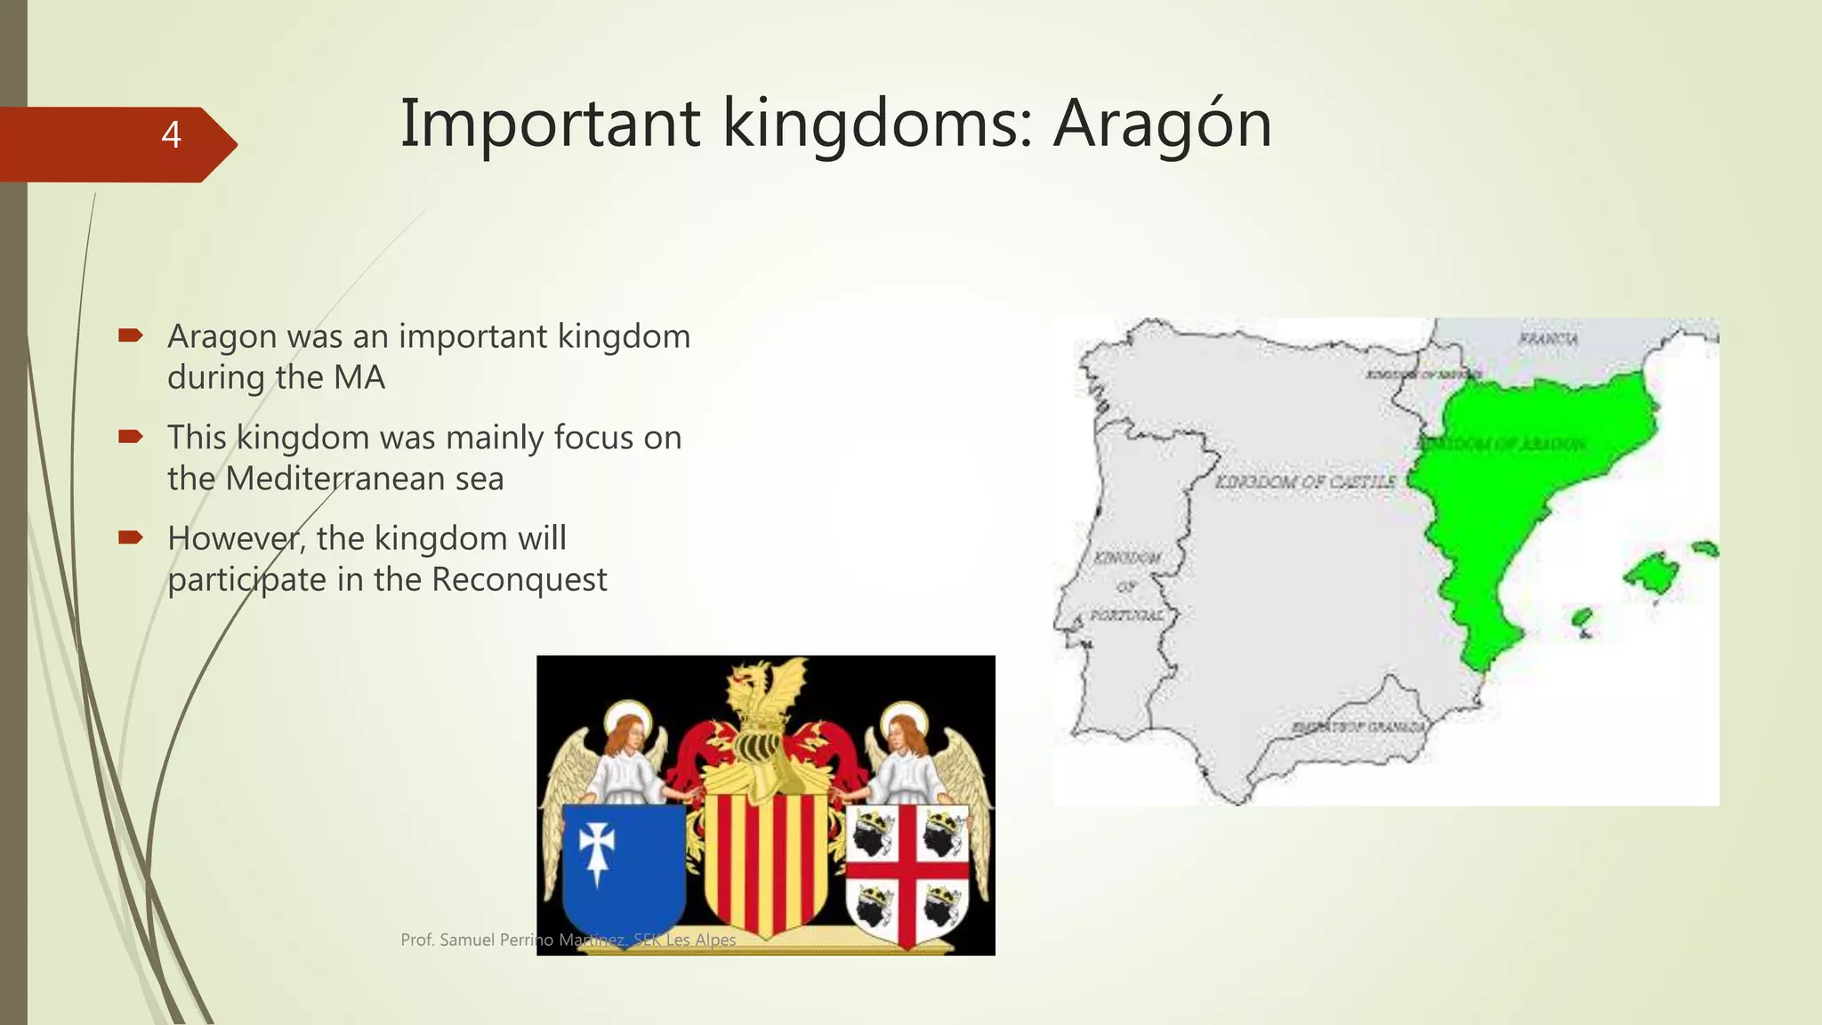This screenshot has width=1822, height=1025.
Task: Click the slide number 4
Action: point(171,135)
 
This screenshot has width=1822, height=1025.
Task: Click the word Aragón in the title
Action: point(1162,125)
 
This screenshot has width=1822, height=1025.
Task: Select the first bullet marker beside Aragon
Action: point(131,335)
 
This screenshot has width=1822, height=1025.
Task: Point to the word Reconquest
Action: point(519,579)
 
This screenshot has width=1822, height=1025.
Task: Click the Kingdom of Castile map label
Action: point(1305,481)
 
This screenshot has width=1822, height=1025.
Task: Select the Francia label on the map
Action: point(1548,339)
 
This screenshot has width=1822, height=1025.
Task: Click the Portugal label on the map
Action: point(1127,616)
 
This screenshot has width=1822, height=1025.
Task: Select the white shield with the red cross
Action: point(907,872)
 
